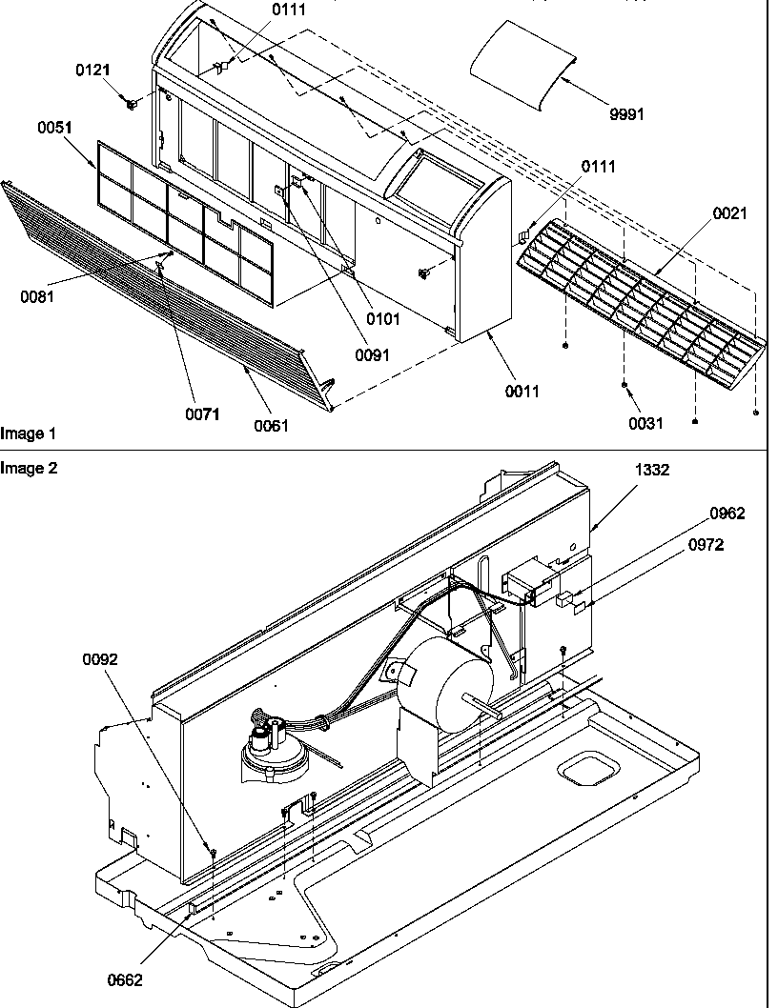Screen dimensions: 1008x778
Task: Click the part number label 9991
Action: click(x=626, y=114)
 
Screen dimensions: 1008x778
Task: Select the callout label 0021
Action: click(x=729, y=213)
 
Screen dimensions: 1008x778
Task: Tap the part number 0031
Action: click(x=645, y=424)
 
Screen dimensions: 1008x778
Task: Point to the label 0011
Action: click(x=522, y=391)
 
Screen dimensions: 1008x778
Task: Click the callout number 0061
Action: click(x=271, y=426)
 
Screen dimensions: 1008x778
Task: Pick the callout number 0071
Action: click(x=202, y=413)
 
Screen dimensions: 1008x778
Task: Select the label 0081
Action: click(x=37, y=296)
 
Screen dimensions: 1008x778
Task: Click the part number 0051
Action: click(x=55, y=129)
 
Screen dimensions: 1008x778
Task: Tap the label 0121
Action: click(x=93, y=71)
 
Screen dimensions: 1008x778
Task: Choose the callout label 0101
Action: click(x=383, y=319)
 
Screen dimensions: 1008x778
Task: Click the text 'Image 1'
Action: click(x=29, y=433)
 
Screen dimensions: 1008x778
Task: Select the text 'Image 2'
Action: click(x=29, y=468)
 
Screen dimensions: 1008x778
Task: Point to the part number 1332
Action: click(x=653, y=470)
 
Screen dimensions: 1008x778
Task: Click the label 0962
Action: click(x=727, y=514)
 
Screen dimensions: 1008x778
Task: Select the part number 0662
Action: click(x=125, y=980)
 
